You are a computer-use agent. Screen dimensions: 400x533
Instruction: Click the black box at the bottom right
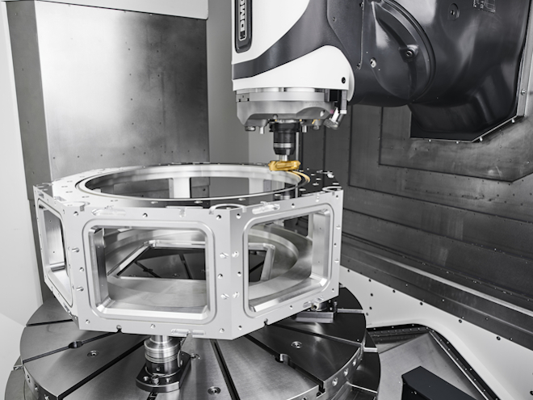tap(436, 384)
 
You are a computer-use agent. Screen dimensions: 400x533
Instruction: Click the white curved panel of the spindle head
tap(291, 69)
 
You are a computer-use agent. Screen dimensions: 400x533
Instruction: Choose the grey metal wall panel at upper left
tap(113, 89)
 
